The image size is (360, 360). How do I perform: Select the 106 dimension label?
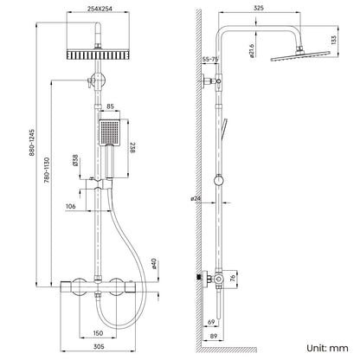tap(70, 206)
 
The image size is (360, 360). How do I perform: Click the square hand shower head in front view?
tap(110, 131)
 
